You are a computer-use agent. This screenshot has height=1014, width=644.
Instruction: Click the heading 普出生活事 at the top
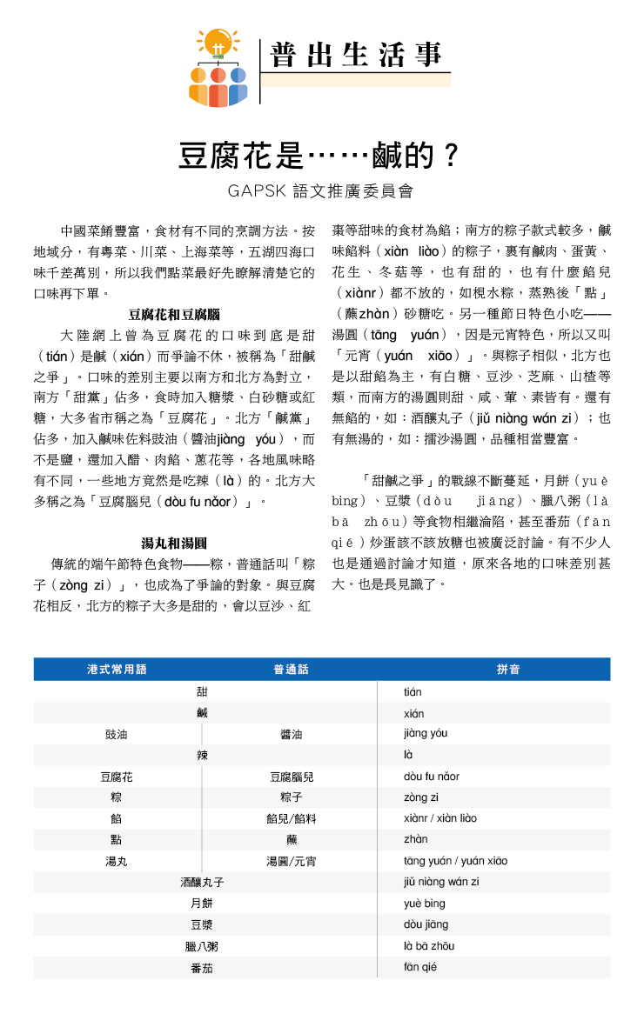(355, 55)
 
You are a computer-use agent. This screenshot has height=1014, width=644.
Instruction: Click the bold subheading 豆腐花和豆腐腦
(173, 314)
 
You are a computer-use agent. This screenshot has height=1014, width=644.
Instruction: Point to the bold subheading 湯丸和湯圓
(173, 544)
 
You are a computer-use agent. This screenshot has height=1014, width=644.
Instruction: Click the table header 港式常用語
(117, 670)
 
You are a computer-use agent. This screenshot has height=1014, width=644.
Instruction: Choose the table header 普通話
(291, 670)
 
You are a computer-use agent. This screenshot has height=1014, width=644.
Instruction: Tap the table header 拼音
(508, 670)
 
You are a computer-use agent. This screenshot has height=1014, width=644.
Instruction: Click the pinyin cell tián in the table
(413, 692)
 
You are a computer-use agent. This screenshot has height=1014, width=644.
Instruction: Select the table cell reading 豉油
(116, 735)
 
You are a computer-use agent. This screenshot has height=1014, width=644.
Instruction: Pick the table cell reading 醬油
(291, 735)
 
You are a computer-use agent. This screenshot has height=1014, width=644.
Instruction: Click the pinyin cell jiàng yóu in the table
(426, 734)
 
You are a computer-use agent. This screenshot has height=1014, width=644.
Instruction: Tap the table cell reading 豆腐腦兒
(291, 777)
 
